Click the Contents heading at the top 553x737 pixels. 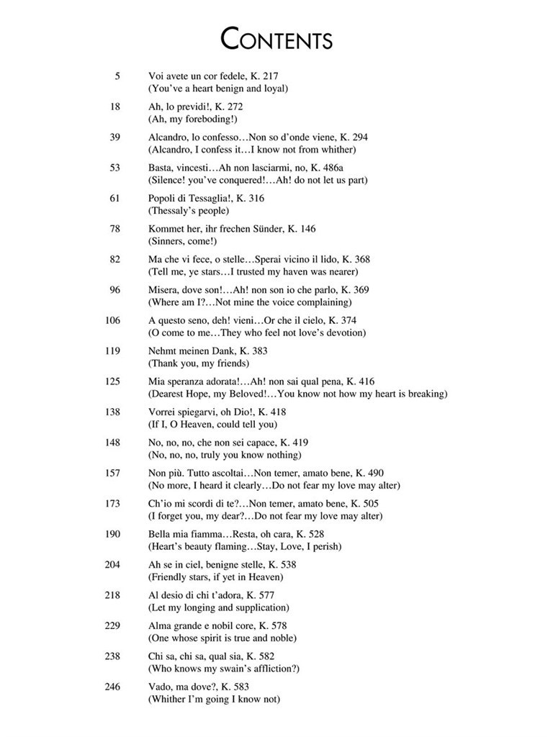coord(276,38)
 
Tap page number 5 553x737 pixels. coord(117,76)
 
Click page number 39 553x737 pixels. coord(114,137)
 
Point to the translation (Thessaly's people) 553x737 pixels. coord(189,211)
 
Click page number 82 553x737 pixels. coord(114,259)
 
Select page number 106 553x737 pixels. coord(112,320)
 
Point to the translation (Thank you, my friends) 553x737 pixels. coord(199,363)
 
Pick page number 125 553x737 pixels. coord(112,381)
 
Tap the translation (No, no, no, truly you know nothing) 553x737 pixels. coord(225,455)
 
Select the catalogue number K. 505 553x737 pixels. coord(364,504)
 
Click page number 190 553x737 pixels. coord(112,534)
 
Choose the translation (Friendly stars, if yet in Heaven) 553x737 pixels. coord(216,577)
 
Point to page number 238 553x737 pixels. coord(112,656)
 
